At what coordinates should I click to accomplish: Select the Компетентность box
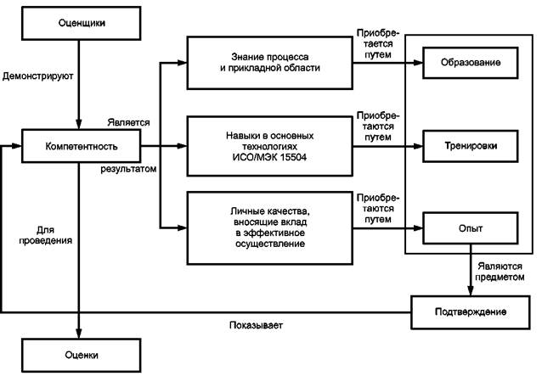pyautogui.click(x=76, y=145)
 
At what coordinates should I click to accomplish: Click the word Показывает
pyautogui.click(x=256, y=325)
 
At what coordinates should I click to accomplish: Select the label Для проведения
pyautogui.click(x=46, y=235)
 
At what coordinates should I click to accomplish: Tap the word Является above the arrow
pyautogui.click(x=129, y=122)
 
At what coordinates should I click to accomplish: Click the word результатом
pyautogui.click(x=128, y=170)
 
